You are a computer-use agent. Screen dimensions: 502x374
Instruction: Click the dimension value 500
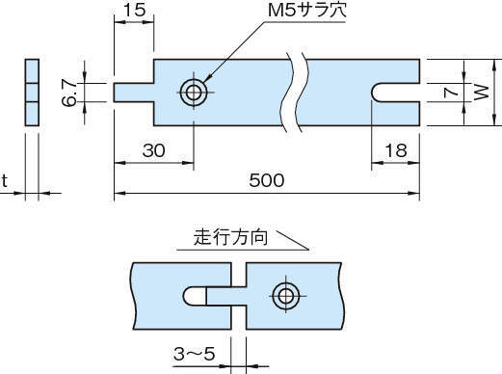click(x=267, y=180)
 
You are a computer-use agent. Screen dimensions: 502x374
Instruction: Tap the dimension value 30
click(x=154, y=150)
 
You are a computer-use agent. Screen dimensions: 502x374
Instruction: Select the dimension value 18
click(x=396, y=150)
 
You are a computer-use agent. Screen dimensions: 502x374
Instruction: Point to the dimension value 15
click(x=135, y=10)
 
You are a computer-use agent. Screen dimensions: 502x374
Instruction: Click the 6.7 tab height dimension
click(x=69, y=93)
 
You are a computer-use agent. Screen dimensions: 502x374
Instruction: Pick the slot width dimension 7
click(x=451, y=93)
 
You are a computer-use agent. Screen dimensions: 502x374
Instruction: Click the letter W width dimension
click(x=482, y=93)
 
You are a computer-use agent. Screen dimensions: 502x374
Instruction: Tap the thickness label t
click(x=4, y=181)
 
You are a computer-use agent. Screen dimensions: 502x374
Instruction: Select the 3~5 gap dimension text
click(x=194, y=354)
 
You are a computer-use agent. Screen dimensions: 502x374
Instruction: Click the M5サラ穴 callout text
click(x=306, y=11)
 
